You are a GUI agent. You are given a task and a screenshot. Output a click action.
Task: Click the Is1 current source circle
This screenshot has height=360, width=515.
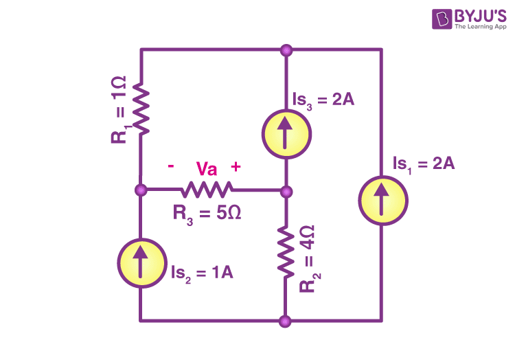click(383, 201)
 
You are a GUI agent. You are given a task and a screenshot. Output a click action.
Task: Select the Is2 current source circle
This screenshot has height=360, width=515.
click(142, 262)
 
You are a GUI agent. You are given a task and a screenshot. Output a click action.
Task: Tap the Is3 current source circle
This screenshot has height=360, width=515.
click(286, 134)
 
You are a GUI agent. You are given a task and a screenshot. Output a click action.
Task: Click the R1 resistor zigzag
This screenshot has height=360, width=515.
click(141, 108)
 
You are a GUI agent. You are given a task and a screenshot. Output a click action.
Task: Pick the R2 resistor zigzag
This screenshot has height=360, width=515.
click(286, 252)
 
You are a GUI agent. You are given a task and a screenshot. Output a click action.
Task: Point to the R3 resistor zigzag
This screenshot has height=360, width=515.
click(207, 190)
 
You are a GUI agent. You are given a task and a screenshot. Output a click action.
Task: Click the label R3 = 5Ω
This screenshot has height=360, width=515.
click(207, 214)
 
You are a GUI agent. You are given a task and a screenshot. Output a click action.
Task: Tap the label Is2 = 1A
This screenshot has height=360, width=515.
click(202, 273)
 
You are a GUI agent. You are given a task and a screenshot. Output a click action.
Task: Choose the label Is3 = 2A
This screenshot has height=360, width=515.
click(323, 100)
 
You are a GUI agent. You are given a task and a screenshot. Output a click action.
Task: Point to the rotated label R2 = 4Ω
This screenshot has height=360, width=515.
click(310, 259)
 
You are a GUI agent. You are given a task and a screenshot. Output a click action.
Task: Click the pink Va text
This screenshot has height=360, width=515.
click(207, 169)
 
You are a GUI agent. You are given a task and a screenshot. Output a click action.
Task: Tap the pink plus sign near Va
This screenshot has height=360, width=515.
click(236, 166)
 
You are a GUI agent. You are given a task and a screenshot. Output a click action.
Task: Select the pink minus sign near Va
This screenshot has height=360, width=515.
click(171, 166)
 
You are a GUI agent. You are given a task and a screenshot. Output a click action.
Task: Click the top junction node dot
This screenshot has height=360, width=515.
click(286, 51)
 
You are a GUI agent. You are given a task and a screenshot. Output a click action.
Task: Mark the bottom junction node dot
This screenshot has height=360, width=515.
click(285, 321)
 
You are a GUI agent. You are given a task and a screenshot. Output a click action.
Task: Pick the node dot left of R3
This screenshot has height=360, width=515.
click(141, 190)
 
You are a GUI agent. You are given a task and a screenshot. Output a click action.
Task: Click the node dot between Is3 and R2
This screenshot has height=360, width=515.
click(286, 192)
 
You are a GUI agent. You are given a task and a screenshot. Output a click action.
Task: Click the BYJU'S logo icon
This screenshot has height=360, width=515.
click(442, 19)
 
